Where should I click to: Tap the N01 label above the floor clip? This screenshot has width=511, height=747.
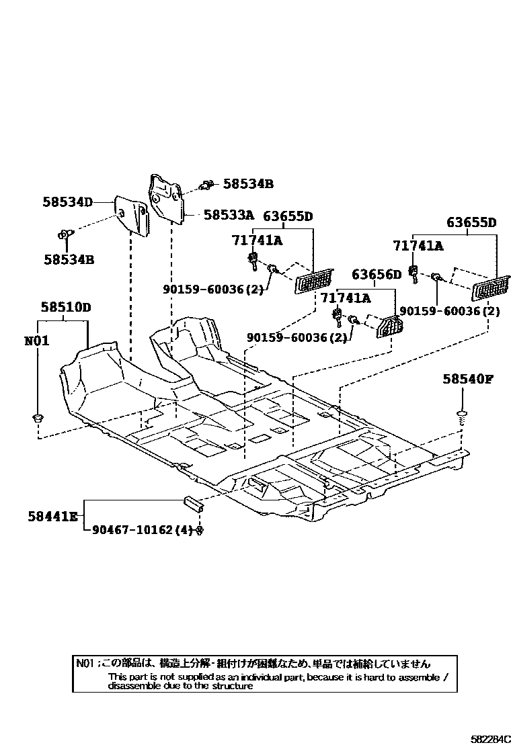[36, 341]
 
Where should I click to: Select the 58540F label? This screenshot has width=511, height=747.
[468, 379]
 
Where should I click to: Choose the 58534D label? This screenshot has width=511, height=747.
[67, 201]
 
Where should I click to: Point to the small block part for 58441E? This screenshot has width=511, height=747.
[193, 500]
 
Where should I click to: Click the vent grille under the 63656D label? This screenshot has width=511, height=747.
[389, 328]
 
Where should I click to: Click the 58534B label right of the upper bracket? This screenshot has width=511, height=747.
[248, 183]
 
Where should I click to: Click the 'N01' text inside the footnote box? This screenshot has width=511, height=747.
[85, 663]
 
